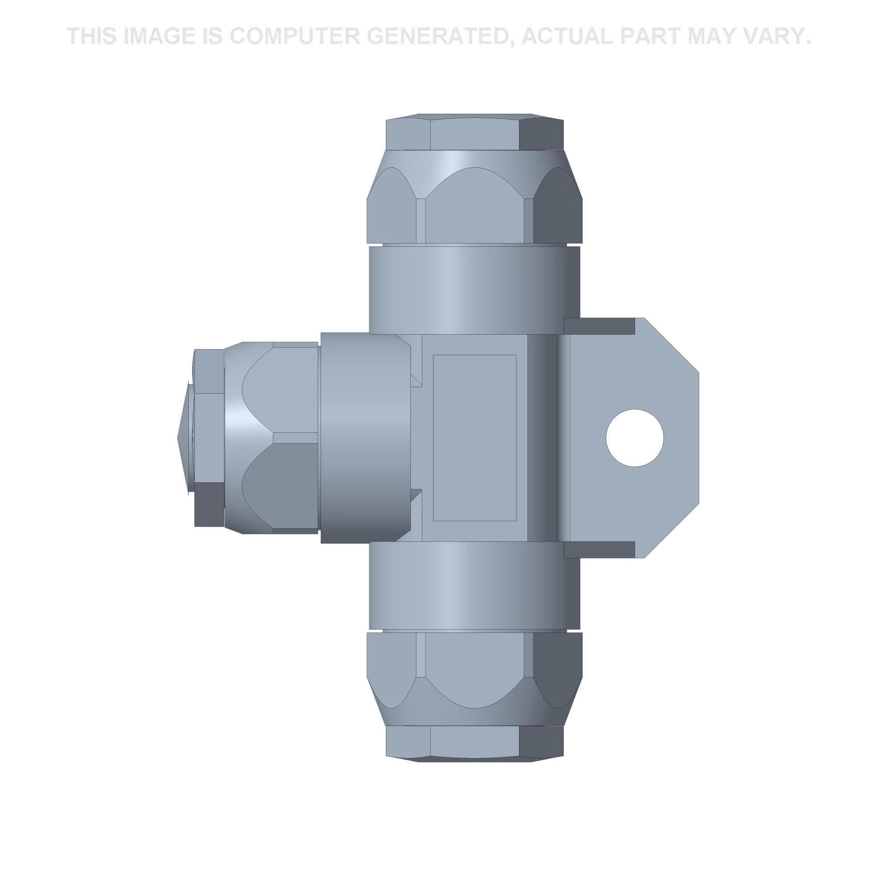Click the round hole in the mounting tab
[x=634, y=438]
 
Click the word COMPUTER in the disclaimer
[x=293, y=36]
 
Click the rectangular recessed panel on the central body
[x=474, y=438]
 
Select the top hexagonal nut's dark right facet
[x=557, y=215]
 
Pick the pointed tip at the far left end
[x=182, y=438]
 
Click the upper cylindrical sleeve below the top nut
[x=474, y=290]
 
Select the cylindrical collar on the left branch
[x=365, y=438]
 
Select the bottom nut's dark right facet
[x=557, y=667]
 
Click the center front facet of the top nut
[x=474, y=213]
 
